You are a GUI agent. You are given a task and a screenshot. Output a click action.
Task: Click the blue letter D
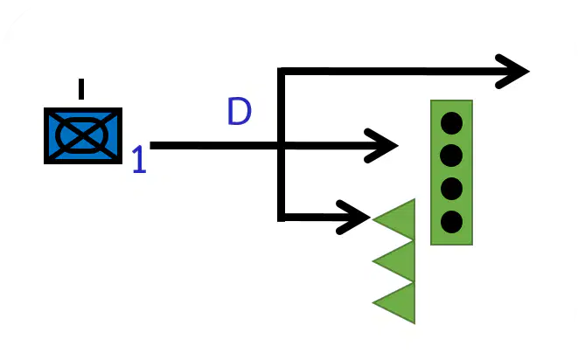(240, 111)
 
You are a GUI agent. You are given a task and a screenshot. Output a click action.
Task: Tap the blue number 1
(139, 159)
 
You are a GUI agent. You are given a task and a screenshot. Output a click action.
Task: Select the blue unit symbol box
(83, 135)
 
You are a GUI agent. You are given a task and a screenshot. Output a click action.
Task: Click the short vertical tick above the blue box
(81, 89)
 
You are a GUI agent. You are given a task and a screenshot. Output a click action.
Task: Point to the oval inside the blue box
(82, 135)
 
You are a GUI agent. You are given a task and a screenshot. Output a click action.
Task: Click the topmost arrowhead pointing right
(512, 72)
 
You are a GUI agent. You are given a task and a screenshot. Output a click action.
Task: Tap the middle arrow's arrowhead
(380, 146)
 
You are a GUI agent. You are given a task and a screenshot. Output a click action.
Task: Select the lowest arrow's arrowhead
(353, 218)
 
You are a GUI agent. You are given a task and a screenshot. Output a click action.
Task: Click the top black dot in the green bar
(451, 123)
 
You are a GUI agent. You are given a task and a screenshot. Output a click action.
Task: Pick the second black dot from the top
(451, 156)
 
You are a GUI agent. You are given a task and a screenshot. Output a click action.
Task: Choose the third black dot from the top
(451, 189)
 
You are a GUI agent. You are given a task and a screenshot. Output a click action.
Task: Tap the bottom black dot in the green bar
(451, 222)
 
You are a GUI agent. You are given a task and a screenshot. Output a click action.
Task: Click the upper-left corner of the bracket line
(281, 72)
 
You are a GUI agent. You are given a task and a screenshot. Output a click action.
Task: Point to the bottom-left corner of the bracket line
(281, 218)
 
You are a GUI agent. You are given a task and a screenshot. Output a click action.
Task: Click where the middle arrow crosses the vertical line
(281, 146)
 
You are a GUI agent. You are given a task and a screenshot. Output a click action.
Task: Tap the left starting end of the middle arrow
(150, 146)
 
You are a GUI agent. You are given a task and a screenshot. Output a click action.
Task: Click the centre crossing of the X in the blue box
(83, 135)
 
